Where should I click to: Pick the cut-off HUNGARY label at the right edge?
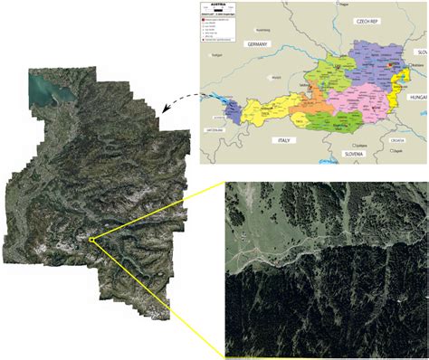coord(419,94)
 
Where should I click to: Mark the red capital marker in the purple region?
coord(390,65)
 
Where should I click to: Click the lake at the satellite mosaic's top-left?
coord(43,88)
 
